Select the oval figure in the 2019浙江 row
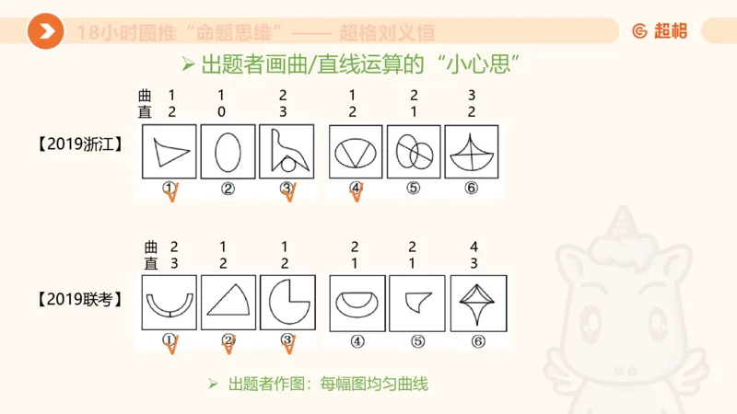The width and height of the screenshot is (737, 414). (227, 151)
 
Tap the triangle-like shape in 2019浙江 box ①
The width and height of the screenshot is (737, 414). (170, 151)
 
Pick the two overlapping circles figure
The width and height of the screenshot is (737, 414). (414, 152)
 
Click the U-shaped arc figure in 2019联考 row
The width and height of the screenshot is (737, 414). (169, 305)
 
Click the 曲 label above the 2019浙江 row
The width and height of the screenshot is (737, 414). (146, 95)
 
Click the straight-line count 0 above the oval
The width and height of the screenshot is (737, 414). (222, 112)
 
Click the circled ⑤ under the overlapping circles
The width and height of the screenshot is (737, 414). (414, 189)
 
